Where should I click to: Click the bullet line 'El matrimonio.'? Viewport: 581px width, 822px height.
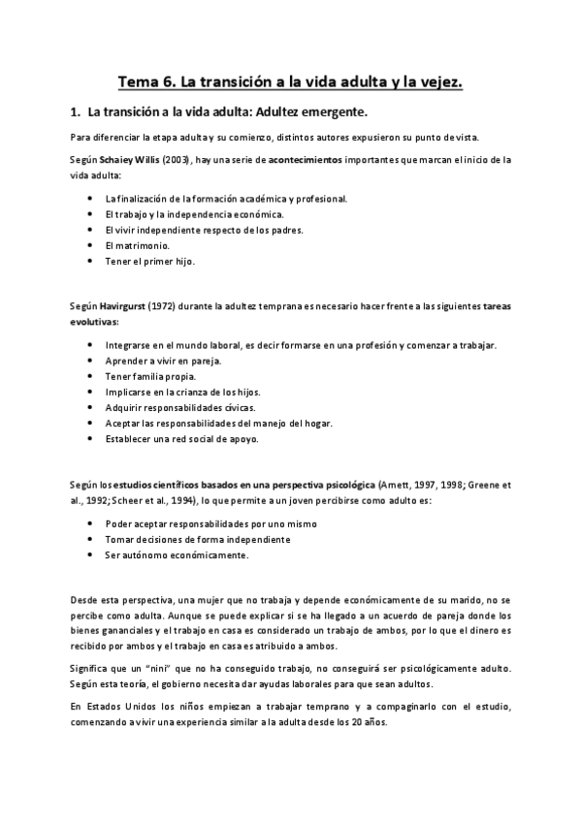point(135,245)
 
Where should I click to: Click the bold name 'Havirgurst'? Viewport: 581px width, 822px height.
point(124,306)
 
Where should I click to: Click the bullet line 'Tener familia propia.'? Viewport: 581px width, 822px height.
point(150,376)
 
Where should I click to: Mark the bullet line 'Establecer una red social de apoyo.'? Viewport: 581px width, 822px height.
point(181,439)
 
